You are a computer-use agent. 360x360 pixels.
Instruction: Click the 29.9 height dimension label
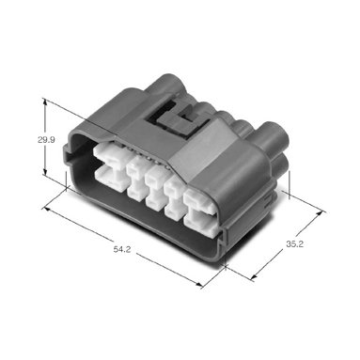[x=46, y=140]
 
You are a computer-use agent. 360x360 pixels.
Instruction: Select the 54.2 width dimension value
[x=122, y=249]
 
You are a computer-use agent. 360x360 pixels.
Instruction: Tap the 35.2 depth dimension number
[x=294, y=243]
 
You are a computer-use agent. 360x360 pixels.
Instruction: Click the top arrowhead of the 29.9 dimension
[x=45, y=102]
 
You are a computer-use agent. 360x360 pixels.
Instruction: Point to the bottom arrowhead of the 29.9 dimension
[x=45, y=172]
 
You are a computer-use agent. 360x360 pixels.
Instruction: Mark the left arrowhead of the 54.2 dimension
[x=47, y=209]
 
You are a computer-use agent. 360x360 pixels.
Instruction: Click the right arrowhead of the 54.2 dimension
[x=199, y=284]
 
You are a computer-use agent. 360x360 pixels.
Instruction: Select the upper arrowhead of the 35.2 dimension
[x=319, y=213]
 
